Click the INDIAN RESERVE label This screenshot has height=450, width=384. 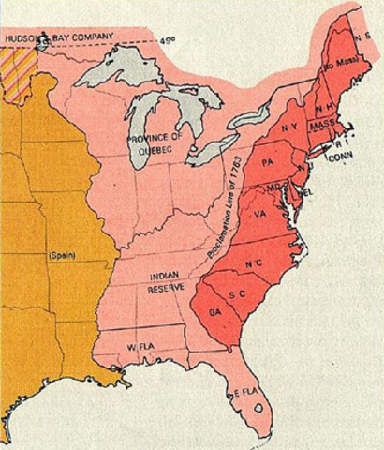(x=154, y=281)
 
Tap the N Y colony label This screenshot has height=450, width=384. (x=289, y=127)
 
